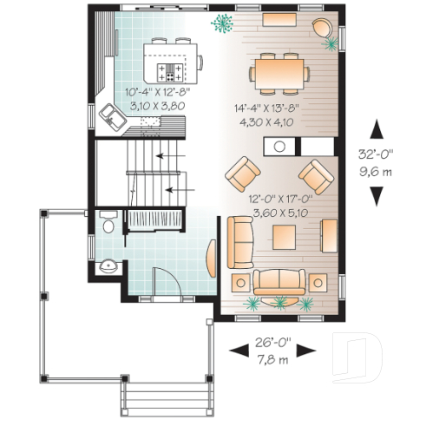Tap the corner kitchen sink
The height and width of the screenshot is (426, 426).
coord(113,115)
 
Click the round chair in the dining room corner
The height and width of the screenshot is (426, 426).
coord(325,29)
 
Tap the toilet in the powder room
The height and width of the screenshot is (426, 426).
coord(107,225)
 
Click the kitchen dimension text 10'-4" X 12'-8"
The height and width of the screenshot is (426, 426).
coord(157,91)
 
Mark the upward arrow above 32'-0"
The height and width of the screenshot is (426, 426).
coord(377,130)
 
